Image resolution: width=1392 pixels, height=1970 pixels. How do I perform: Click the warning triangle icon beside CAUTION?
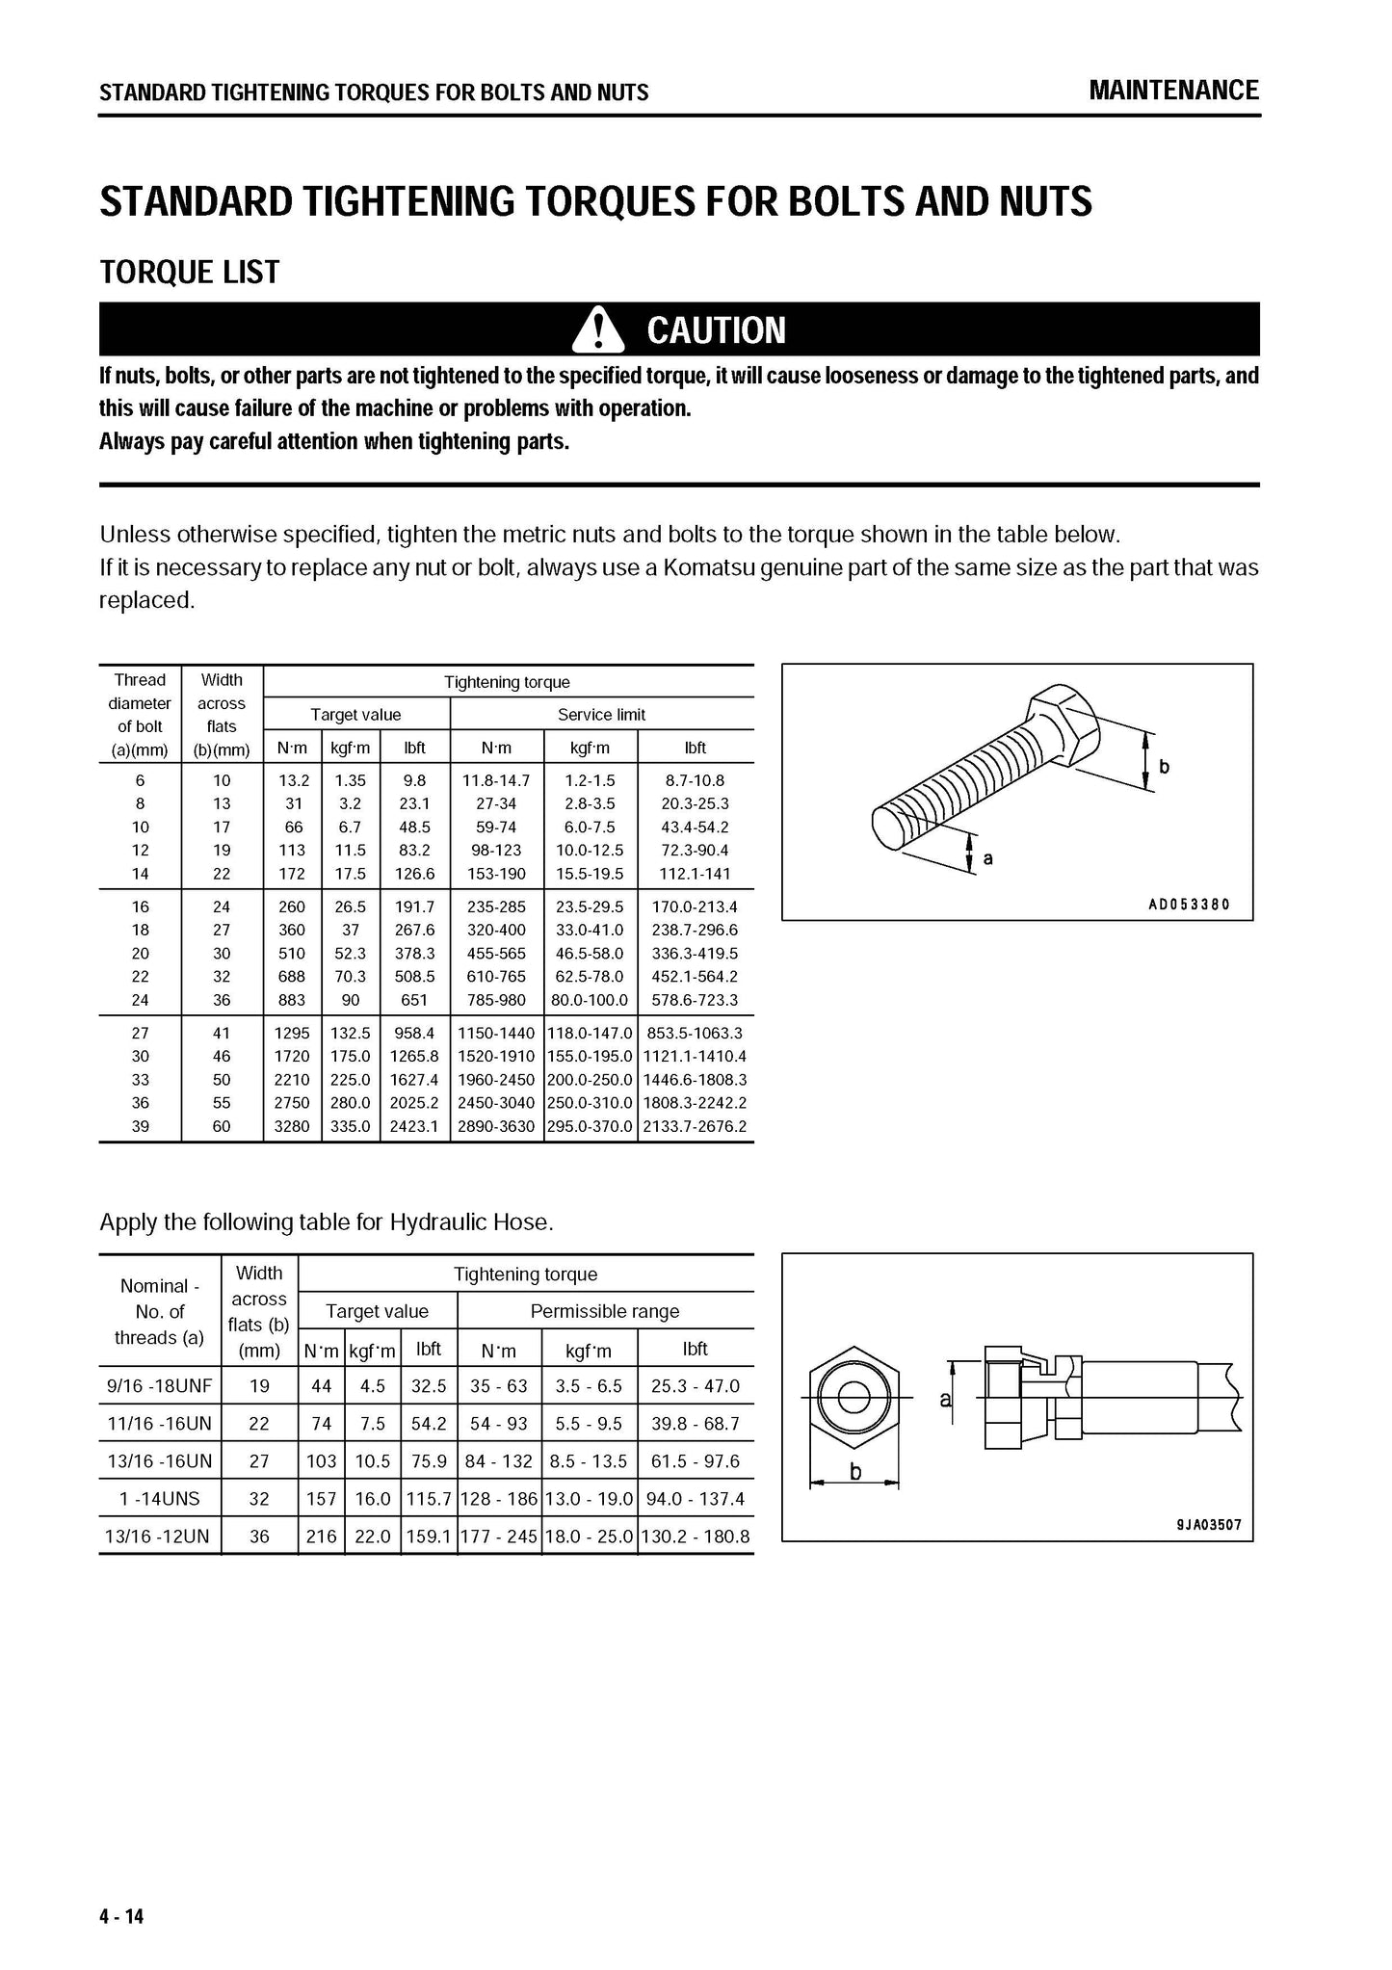coord(598,329)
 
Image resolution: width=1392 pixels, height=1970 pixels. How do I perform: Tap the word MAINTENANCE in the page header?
coord(1173,91)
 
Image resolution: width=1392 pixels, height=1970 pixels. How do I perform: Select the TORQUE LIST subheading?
coord(190,273)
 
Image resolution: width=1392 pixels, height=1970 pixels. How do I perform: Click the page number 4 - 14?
coord(121,1916)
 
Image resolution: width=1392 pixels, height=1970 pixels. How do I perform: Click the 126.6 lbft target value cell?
coord(414,874)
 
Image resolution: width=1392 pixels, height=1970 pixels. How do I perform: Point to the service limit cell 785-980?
coord(496,1000)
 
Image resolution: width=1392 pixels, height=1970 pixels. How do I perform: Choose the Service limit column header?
coord(601,715)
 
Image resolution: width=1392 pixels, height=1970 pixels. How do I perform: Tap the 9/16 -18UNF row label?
coord(160,1386)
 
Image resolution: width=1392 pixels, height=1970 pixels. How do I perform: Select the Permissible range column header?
coord(605,1311)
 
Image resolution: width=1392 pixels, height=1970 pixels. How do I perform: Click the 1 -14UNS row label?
coord(160,1499)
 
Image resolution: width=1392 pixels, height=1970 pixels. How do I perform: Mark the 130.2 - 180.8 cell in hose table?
coord(695,1537)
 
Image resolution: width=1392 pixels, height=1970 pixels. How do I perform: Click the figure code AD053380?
coord(1189,905)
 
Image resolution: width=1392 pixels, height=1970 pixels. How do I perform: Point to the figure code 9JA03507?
coord(1209,1526)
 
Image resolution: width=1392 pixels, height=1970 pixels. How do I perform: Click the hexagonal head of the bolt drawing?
coord(1063,725)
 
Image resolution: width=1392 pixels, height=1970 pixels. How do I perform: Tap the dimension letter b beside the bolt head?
coord(1164,767)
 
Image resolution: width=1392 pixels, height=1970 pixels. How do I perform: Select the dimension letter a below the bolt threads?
coord(987,857)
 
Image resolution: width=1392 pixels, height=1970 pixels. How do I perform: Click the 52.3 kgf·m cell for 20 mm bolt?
coord(351,954)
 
